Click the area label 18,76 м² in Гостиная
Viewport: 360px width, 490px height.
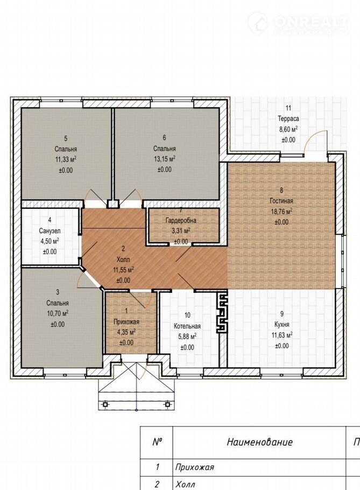click(281, 212)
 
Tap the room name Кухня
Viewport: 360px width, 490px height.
click(281, 324)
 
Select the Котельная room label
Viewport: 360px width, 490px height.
click(187, 326)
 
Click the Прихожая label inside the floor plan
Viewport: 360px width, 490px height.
click(126, 322)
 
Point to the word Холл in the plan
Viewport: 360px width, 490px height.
click(123, 260)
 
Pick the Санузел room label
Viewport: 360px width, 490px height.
click(50, 231)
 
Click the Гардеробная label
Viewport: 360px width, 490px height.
click(181, 221)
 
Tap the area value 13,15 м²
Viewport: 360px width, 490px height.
click(164, 159)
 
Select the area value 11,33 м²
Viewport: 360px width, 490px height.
click(66, 160)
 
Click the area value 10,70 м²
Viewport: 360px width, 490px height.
click(58, 313)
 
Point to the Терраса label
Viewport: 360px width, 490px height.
click(288, 119)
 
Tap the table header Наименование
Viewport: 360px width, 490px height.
click(259, 442)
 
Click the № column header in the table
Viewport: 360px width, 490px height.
click(157, 442)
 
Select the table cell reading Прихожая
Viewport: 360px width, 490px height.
click(194, 467)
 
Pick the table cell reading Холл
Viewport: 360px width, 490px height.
click(185, 485)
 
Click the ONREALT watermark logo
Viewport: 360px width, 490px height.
click(298, 23)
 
